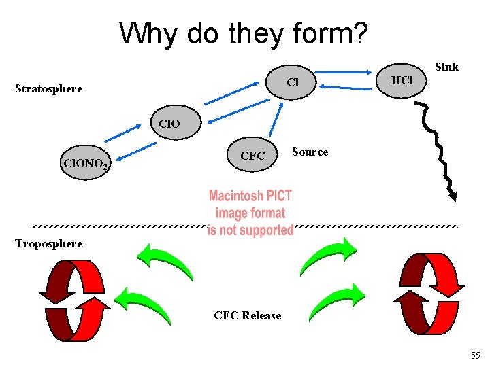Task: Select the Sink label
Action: click(446, 67)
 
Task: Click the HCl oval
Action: click(402, 80)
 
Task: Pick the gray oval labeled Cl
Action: click(293, 83)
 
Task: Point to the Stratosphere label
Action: click(49, 88)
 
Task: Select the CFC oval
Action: click(252, 156)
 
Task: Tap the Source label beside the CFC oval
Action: click(310, 152)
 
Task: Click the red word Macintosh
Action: click(238, 196)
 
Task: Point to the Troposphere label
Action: click(49, 243)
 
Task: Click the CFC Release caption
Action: click(247, 315)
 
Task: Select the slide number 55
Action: click(475, 355)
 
